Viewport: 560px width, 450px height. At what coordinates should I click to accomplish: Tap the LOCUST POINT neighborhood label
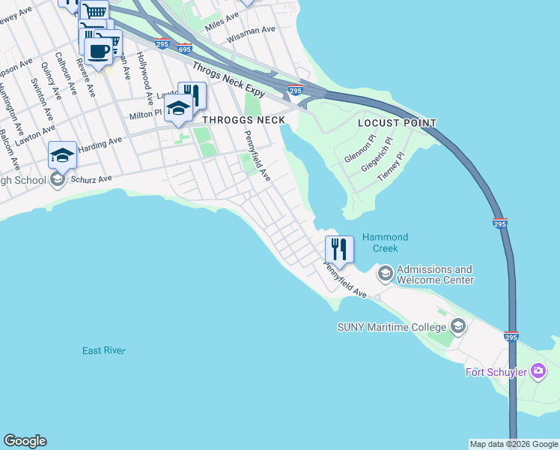(x=397, y=123)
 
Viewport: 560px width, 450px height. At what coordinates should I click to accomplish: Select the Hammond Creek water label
(x=380, y=242)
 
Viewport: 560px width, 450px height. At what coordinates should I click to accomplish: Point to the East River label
(x=104, y=351)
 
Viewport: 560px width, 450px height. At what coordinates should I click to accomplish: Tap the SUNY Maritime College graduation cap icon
(x=458, y=326)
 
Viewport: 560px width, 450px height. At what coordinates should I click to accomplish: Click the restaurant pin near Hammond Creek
(x=339, y=249)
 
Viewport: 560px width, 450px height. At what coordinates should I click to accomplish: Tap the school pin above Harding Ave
(x=63, y=154)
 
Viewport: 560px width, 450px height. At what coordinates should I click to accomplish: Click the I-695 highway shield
(x=184, y=49)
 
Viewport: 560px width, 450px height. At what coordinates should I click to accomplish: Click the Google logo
(x=25, y=441)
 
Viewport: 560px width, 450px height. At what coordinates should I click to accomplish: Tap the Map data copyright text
(x=513, y=444)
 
